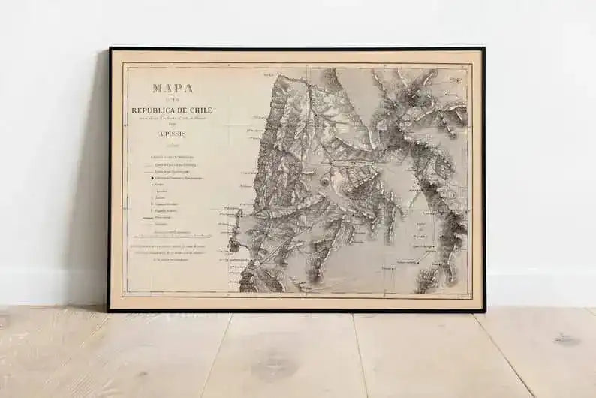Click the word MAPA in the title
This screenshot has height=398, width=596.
172,88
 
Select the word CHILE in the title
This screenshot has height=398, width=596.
200,110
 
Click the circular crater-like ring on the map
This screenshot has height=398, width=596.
324,181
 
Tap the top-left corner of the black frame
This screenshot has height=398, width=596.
110,49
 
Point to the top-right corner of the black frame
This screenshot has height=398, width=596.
483,49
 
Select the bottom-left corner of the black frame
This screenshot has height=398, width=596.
110,310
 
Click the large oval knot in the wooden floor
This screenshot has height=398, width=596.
273,367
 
